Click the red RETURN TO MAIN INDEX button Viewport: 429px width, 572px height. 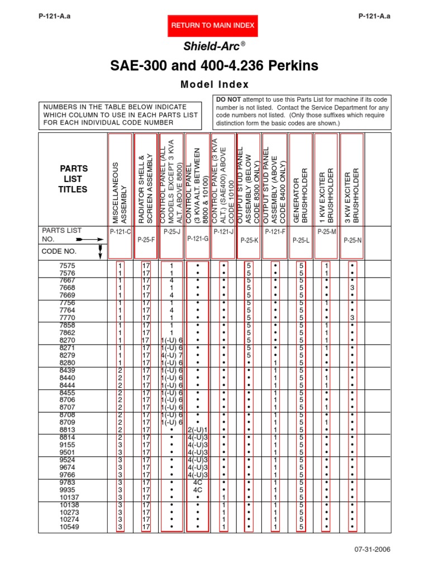pyautogui.click(x=212, y=25)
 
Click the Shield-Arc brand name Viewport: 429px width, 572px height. pyautogui.click(x=214, y=46)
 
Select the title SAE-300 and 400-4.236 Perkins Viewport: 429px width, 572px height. pyautogui.click(x=214, y=66)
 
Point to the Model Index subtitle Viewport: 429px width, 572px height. pyautogui.click(x=214, y=84)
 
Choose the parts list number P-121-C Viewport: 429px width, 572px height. pyautogui.click(x=120, y=231)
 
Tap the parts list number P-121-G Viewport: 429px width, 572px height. pyautogui.click(x=198, y=239)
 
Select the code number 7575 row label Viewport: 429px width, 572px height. pyautogui.click(x=67, y=265)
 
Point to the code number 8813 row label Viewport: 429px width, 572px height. pyautogui.click(x=67, y=430)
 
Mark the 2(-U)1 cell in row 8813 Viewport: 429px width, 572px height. pyautogui.click(x=198, y=430)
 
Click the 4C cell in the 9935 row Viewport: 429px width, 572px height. pyautogui.click(x=198, y=489)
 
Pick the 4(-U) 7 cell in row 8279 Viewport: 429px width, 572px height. pyautogui.click(x=171, y=355)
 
